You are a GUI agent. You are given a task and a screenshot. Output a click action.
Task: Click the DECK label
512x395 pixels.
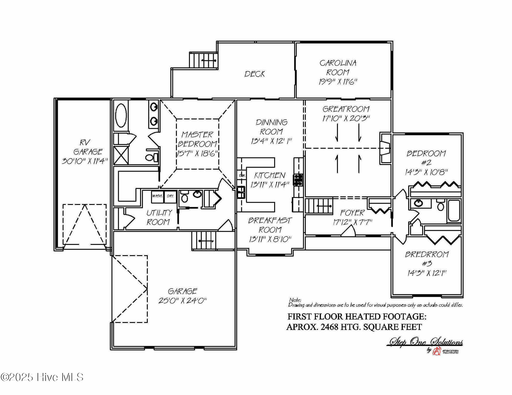coord(254,74)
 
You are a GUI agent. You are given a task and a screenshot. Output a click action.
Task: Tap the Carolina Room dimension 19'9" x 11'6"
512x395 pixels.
coord(338,82)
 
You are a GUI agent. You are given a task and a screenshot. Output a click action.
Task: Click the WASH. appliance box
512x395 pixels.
coord(157,196)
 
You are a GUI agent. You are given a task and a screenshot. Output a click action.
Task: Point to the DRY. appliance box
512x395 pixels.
coord(170,196)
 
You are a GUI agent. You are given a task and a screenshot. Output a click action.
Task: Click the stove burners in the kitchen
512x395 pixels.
coord(298,180)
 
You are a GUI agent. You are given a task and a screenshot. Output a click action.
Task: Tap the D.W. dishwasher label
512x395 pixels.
coord(242,175)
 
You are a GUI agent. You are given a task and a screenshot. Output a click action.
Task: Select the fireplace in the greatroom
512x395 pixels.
coord(385,149)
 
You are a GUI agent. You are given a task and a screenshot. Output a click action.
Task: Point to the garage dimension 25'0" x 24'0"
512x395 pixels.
coord(182,301)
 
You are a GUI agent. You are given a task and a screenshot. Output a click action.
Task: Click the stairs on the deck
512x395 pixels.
coord(204,60)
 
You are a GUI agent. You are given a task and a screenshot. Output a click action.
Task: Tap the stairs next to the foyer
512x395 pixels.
coord(319,206)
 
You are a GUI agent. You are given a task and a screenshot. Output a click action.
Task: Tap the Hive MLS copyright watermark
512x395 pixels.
coord(42,377)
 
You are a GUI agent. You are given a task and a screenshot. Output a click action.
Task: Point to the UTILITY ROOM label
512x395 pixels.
coord(159,217)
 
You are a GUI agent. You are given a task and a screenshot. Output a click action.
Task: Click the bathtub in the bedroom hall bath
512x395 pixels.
coord(454,210)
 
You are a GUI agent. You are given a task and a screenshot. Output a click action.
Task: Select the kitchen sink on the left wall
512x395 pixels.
coord(241,192)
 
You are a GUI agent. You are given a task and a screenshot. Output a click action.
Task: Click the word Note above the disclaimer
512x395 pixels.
coord(295,300)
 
